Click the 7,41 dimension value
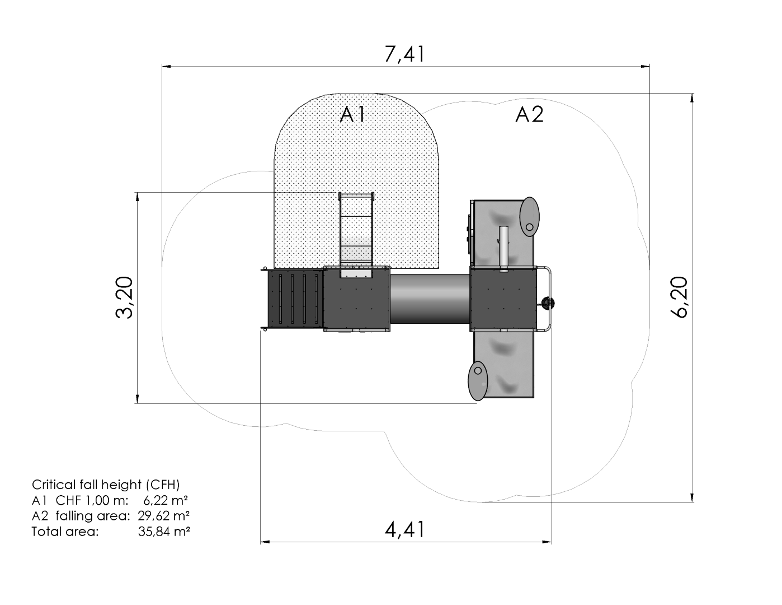404,54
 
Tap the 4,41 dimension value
404,529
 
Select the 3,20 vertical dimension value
125,297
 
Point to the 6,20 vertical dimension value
679,297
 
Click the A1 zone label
352,115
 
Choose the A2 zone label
529,115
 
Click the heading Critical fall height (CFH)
106,485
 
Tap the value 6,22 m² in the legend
165,500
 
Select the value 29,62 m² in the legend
164,516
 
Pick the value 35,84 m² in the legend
164,532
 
